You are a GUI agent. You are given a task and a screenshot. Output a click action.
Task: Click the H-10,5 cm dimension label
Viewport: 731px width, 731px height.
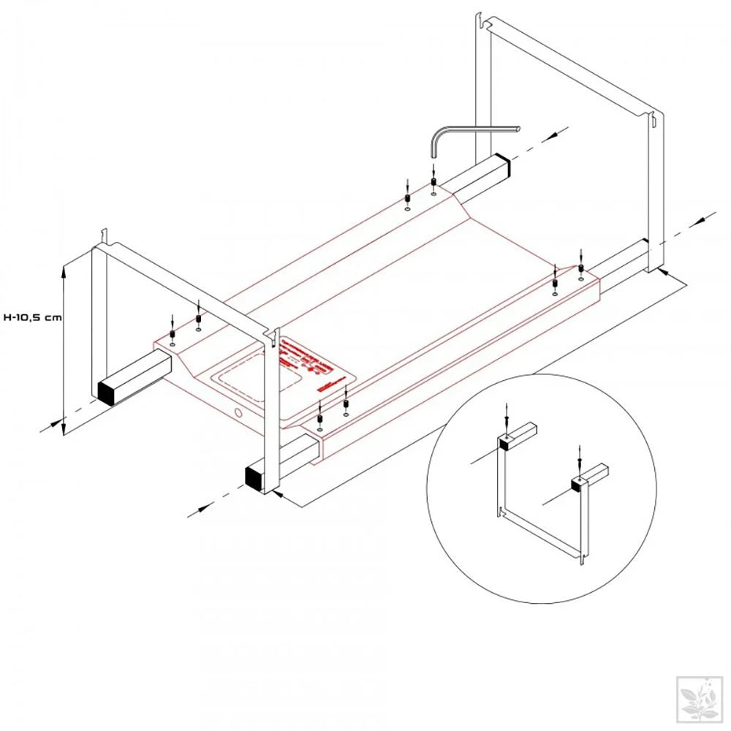point(31,317)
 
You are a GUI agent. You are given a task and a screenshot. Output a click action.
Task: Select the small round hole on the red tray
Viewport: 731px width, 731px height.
point(238,414)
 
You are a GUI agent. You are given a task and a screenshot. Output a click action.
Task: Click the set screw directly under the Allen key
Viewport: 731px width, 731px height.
point(433,182)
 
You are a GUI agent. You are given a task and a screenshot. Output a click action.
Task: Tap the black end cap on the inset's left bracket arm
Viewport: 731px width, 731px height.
point(504,441)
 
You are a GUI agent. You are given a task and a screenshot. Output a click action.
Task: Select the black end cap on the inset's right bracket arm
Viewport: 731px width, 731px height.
point(577,482)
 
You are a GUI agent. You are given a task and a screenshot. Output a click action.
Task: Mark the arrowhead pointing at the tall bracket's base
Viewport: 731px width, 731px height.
point(662,271)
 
